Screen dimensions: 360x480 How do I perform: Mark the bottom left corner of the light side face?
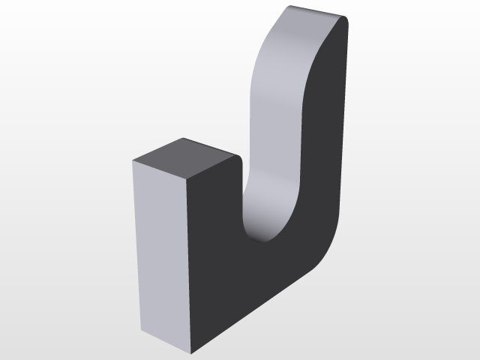pos(141,330)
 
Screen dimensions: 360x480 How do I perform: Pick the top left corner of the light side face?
pos(133,161)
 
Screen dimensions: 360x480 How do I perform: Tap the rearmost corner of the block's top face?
pos(184,138)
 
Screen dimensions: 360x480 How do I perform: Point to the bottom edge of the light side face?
pos(166,342)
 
